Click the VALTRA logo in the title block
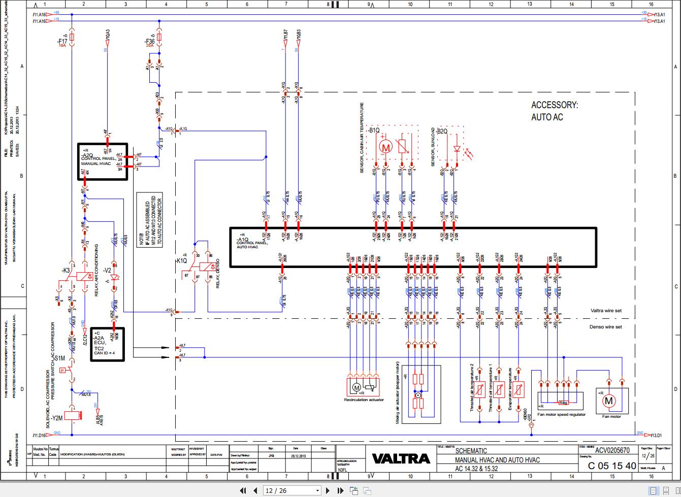[x=401, y=458]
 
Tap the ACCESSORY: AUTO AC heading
[x=554, y=111]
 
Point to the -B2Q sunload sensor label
[x=442, y=131]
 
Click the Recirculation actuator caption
[x=364, y=400]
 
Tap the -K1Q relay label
[x=181, y=260]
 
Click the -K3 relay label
[x=66, y=270]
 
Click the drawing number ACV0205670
[x=612, y=450]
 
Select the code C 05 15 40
[x=611, y=466]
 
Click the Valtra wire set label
[x=606, y=311]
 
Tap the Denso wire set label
[x=605, y=327]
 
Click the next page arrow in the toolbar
[x=328, y=490]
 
